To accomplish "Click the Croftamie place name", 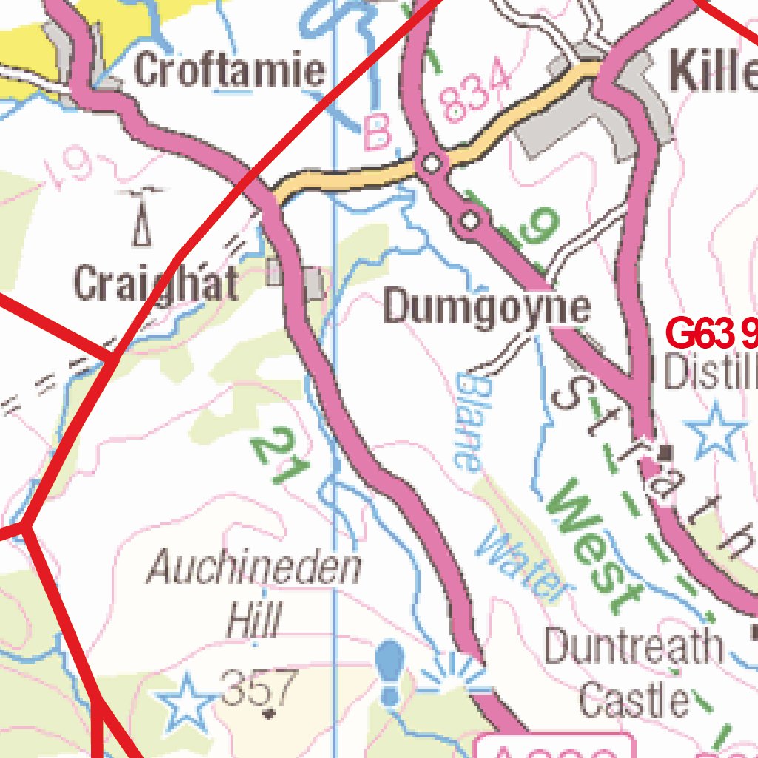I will (x=229, y=72).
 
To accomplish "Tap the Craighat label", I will (x=156, y=284).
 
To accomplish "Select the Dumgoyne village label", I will (x=487, y=308).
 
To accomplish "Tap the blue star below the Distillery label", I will (x=715, y=429).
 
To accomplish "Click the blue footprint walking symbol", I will (x=390, y=672).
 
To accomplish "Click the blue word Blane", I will (x=469, y=422).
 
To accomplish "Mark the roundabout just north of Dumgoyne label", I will (x=470, y=220).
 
